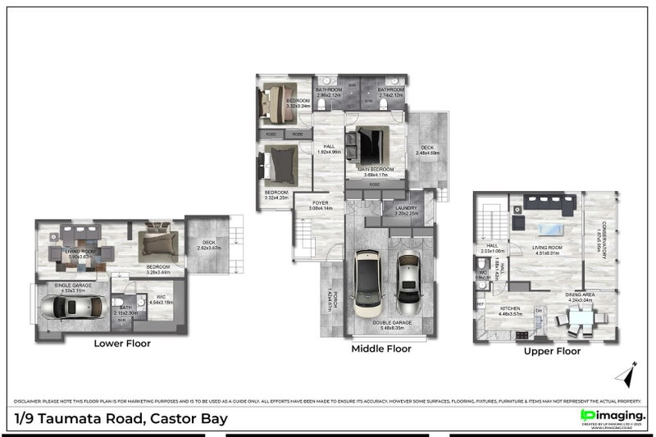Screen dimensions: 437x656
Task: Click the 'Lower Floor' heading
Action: pyautogui.click(x=122, y=344)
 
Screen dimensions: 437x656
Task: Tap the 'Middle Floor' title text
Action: pyautogui.click(x=380, y=348)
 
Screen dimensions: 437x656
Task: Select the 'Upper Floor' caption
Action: pyautogui.click(x=552, y=351)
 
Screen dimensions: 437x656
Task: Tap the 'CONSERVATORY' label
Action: pyautogui.click(x=604, y=238)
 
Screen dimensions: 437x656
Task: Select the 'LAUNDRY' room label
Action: pyautogui.click(x=405, y=208)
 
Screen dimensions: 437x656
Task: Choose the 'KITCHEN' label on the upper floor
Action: pyautogui.click(x=512, y=310)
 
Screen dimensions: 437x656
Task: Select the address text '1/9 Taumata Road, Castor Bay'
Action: pyautogui.click(x=121, y=418)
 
